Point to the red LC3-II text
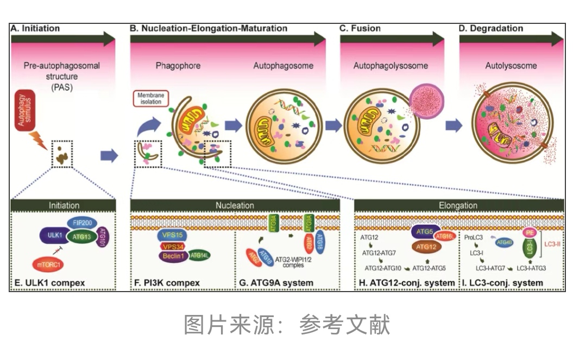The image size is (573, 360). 555,245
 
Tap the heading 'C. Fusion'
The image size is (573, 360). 360,28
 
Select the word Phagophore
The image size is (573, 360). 178,66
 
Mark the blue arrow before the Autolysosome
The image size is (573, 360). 454,125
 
